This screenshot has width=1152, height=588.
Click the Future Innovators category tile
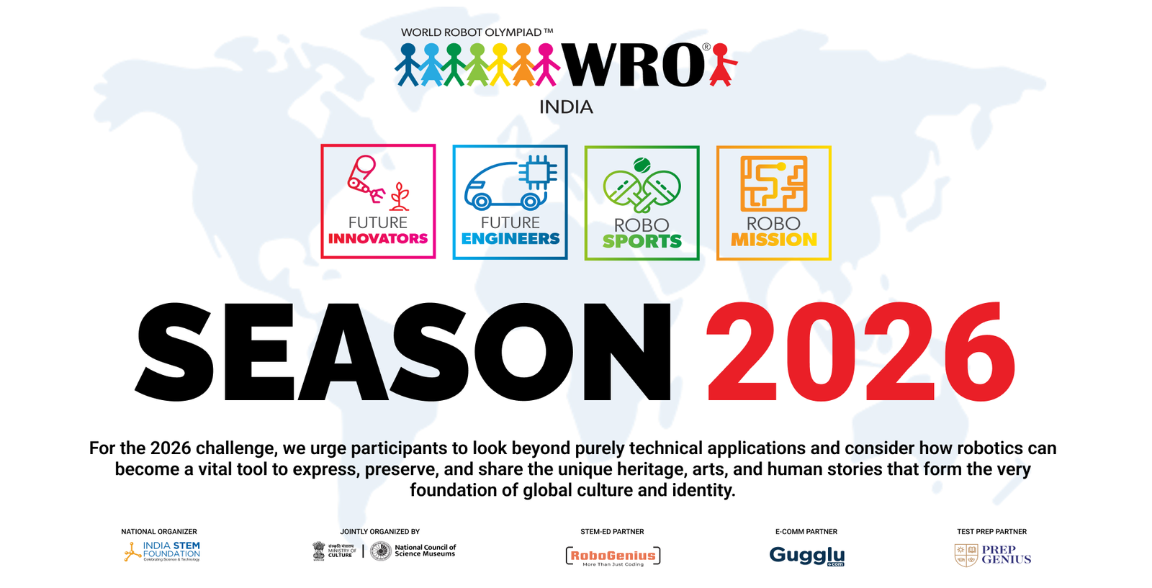pos(378,202)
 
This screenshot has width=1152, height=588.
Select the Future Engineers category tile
pos(510,202)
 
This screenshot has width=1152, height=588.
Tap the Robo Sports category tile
pos(642,203)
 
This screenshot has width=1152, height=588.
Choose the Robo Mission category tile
pos(773,203)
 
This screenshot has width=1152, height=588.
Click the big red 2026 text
pos(860,353)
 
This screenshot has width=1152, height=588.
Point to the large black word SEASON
pos(403,353)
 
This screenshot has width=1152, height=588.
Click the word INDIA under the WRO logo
pos(566,107)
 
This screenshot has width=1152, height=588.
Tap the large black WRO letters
pos(634,66)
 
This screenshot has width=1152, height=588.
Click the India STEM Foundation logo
pos(162,552)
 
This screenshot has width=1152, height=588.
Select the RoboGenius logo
pos(613,556)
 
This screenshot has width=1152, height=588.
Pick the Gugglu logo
pos(806,556)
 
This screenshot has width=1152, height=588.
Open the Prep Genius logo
pos(993,555)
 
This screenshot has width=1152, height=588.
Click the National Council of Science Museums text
pos(425,551)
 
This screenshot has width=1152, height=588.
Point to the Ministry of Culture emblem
pos(319,551)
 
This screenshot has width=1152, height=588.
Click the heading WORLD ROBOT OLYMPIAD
pos(477,32)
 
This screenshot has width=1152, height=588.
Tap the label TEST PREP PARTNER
pos(991,532)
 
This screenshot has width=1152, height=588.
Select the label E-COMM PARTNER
pos(806,532)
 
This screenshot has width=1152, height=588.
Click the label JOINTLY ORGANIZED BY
pos(379,532)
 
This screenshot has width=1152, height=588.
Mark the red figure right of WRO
pos(722,65)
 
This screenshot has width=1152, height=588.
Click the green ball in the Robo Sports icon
pos(642,165)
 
